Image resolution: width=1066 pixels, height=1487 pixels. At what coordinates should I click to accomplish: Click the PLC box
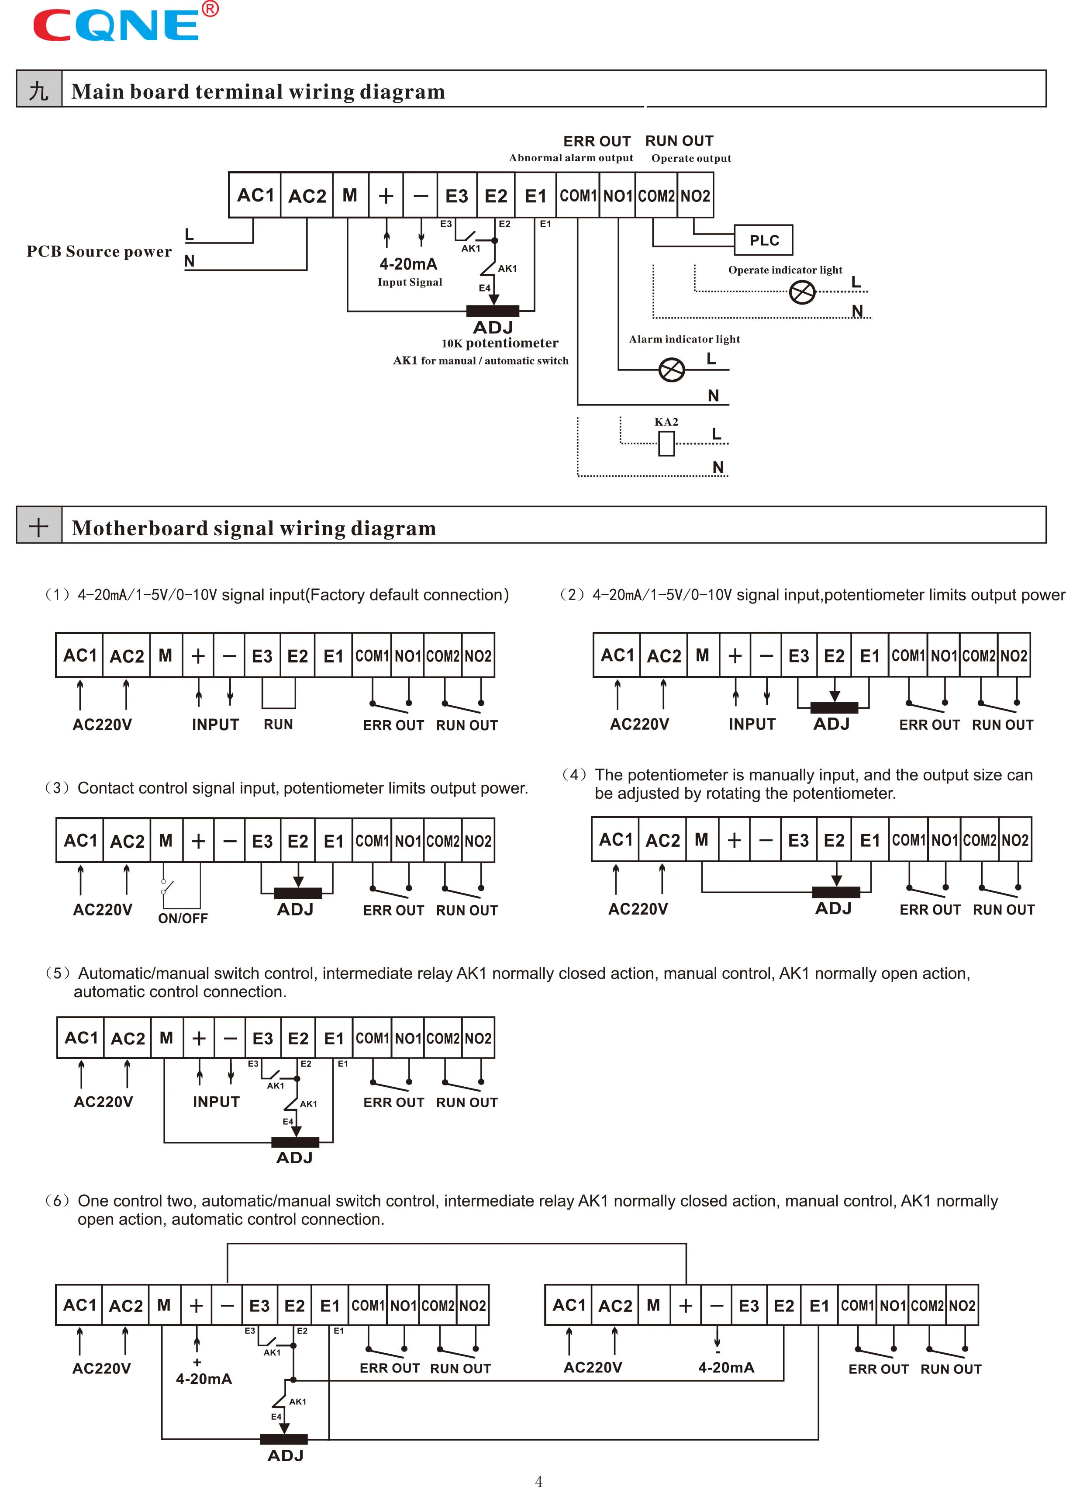[763, 240]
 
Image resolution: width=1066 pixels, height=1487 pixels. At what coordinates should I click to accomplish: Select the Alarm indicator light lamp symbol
[671, 370]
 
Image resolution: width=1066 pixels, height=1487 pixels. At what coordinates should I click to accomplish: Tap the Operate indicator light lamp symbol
[802, 292]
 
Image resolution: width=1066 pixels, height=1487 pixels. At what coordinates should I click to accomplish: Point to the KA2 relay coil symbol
[666, 444]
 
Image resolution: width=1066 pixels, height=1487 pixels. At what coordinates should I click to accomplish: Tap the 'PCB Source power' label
[99, 252]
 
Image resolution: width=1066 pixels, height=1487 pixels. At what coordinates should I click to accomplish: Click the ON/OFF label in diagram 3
[183, 918]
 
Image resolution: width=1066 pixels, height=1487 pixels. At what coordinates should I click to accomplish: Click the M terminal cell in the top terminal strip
[350, 195]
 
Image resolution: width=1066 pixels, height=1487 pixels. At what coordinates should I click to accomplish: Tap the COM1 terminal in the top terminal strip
[577, 195]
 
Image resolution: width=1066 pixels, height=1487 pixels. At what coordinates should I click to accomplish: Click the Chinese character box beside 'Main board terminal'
[39, 90]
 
